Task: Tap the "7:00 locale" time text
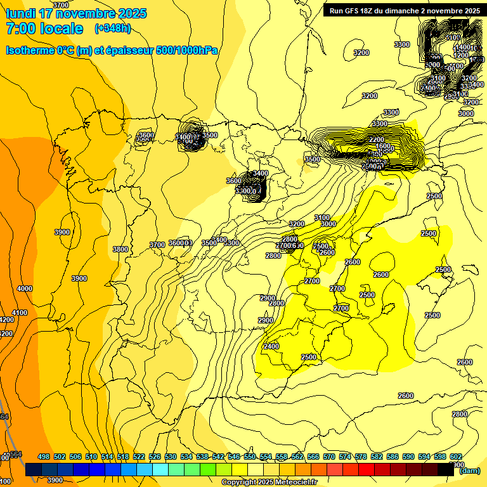coord(44,29)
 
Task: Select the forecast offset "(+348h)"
coord(112,29)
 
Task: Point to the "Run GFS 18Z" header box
coord(403,10)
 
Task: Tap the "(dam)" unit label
coord(469,471)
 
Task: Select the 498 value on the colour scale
coord(44,457)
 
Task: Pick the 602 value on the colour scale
coord(455,457)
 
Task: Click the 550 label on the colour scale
coord(250,457)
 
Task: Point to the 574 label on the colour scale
coord(345,457)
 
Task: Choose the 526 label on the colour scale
coord(155,457)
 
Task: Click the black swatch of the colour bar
coord(446,470)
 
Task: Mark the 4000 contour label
coord(25,289)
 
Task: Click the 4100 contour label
coord(20,313)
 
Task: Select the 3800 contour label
coord(120,249)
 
